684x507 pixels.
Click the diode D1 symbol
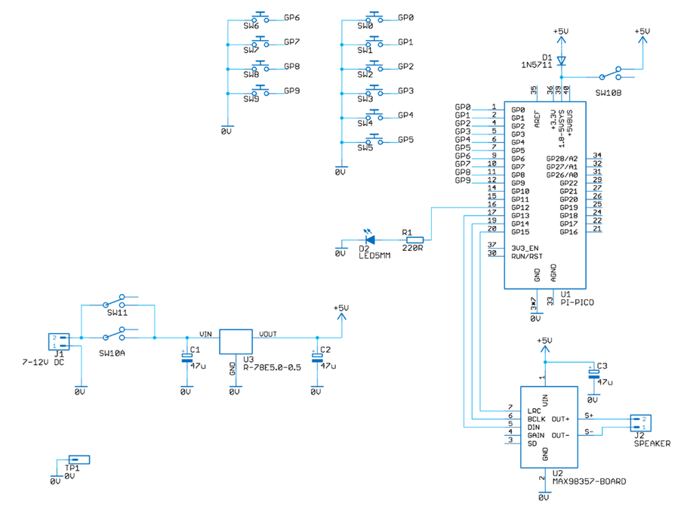point(560,60)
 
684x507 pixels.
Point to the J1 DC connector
point(57,342)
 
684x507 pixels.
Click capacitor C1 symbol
point(186,357)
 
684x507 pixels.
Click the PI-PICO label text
point(578,302)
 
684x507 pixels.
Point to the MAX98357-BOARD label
point(590,481)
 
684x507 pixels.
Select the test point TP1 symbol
point(79,459)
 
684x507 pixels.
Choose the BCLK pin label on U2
point(536,418)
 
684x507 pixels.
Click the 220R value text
point(413,247)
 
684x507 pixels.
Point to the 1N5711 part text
point(535,66)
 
